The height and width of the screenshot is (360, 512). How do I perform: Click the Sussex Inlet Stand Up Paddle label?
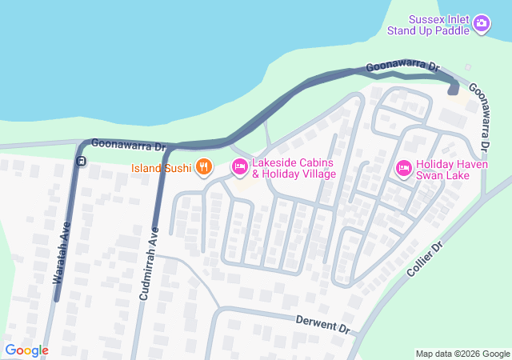coord(428,25)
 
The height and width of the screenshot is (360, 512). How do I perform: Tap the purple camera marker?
coord(482,24)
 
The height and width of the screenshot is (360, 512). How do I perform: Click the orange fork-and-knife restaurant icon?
coord(204,166)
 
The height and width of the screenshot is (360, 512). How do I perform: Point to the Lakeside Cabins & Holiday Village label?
coord(293,168)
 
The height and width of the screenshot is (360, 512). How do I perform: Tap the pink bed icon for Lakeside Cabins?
coord(239,166)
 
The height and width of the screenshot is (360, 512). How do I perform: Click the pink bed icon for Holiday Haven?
coord(404,167)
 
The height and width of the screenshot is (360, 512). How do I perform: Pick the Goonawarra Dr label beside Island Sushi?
coord(128,146)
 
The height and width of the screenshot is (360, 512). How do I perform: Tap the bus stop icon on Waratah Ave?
coord(81,162)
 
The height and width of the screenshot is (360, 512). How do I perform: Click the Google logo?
coord(26,350)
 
